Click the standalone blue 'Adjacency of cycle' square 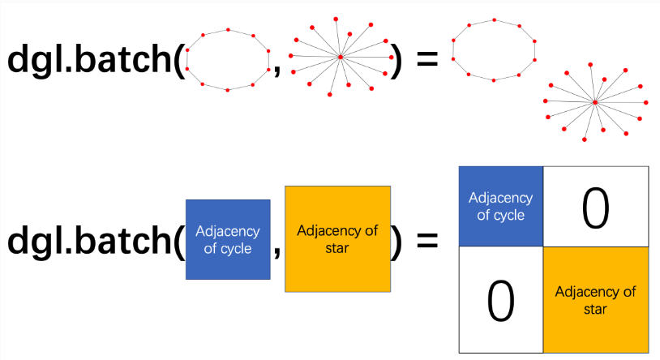[228, 239]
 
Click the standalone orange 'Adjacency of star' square [337, 238]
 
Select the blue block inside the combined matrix [501, 206]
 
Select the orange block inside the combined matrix [596, 300]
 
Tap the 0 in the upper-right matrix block [596, 208]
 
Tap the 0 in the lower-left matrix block [500, 301]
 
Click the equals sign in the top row [427, 58]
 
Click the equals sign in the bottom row [427, 241]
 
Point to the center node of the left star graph [341, 57]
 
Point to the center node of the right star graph [595, 102]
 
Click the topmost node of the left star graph [336, 19]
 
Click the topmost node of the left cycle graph [228, 29]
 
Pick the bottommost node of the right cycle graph [494, 80]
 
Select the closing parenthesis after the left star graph [396, 60]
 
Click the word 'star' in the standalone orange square [337, 248]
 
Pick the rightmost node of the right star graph [646, 102]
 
